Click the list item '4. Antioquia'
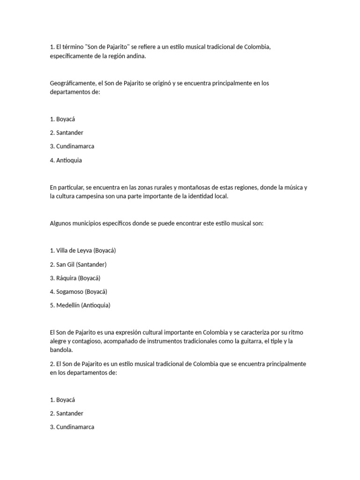click(66, 160)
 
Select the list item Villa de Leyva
click(82, 251)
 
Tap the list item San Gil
click(78, 264)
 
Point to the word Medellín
click(67, 305)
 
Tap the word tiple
click(280, 341)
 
